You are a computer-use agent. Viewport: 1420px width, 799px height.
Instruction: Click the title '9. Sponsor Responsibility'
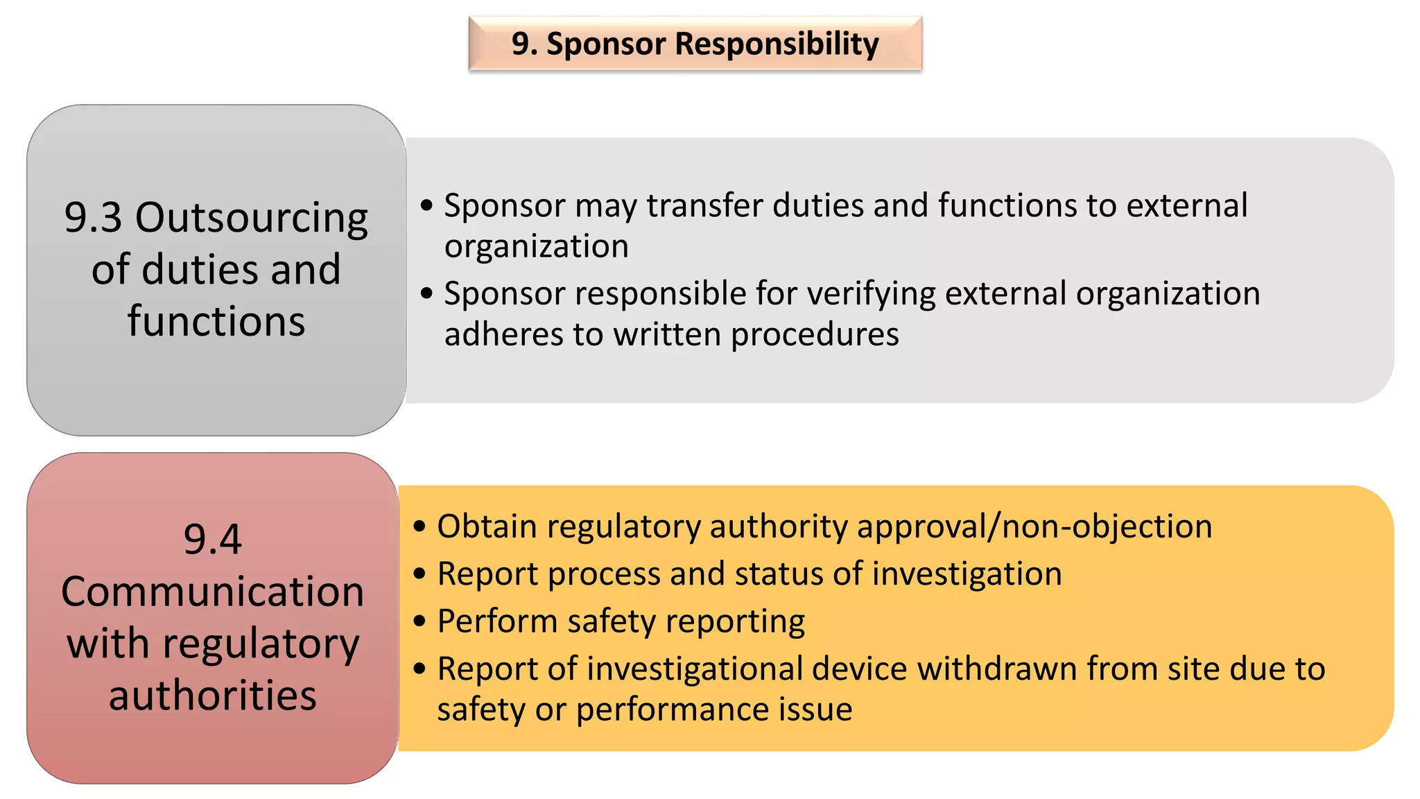click(695, 44)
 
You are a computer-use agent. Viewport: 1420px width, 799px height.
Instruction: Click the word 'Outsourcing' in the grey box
click(251, 218)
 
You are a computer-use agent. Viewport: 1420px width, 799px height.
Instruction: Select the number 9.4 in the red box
click(212, 539)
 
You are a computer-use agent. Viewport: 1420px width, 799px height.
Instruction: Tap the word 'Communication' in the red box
click(212, 592)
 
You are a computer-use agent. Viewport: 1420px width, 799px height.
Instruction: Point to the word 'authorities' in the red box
click(212, 695)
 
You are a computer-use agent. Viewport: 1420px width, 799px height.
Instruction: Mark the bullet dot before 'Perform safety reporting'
click(419, 621)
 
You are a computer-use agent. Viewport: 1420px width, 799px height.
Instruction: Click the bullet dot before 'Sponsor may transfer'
click(426, 205)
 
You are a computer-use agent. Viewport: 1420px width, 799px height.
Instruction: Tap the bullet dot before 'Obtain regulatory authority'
click(419, 526)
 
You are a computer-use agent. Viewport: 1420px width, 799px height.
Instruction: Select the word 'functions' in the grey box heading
click(216, 321)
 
